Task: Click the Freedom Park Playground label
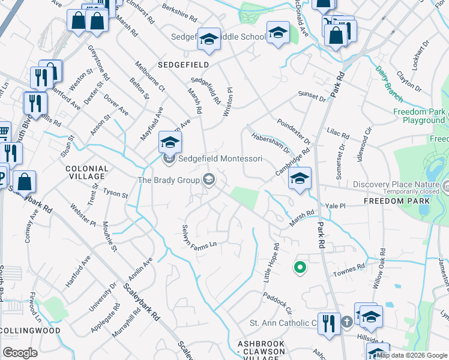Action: tap(419, 116)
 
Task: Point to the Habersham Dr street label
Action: tap(270, 143)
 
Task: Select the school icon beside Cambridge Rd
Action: tap(300, 178)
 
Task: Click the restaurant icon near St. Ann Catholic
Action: tap(328, 323)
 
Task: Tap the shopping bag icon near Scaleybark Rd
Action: tap(25, 181)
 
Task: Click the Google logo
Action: tap(20, 353)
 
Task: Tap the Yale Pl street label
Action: tap(336, 205)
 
